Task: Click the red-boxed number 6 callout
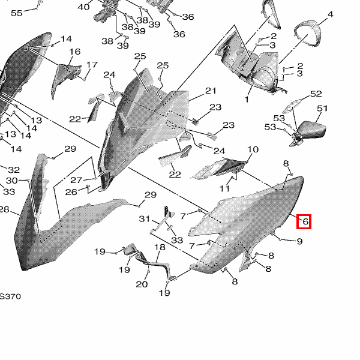click(x=305, y=222)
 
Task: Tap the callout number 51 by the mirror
click(x=323, y=109)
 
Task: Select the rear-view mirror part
click(x=312, y=129)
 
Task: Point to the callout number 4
click(x=330, y=14)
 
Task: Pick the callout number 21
click(x=211, y=91)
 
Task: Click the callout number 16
click(x=74, y=52)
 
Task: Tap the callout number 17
click(x=92, y=65)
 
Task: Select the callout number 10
click(x=253, y=149)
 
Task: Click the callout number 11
click(x=224, y=188)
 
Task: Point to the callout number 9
click(x=299, y=241)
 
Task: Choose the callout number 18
click(x=160, y=248)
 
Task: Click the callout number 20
click(x=142, y=284)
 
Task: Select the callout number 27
click(x=76, y=180)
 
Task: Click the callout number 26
click(x=71, y=192)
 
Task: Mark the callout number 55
click(x=16, y=13)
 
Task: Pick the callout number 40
click(x=83, y=7)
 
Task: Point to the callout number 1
click(x=247, y=98)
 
